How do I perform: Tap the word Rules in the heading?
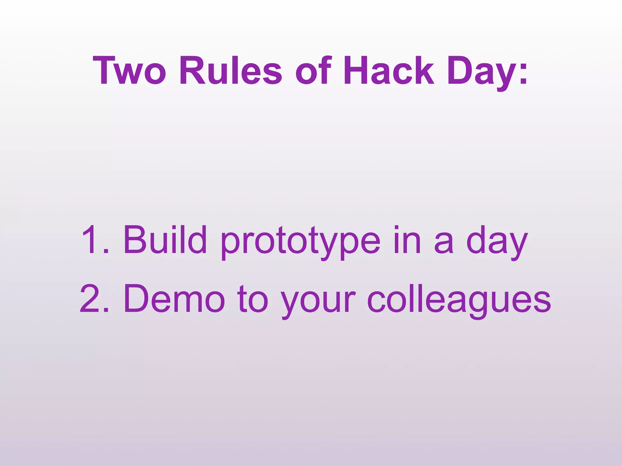[x=231, y=70]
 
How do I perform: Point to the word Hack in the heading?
[x=389, y=70]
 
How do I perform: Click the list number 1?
[x=91, y=240]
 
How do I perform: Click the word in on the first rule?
[x=407, y=240]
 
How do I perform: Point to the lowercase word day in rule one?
[x=497, y=243]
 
